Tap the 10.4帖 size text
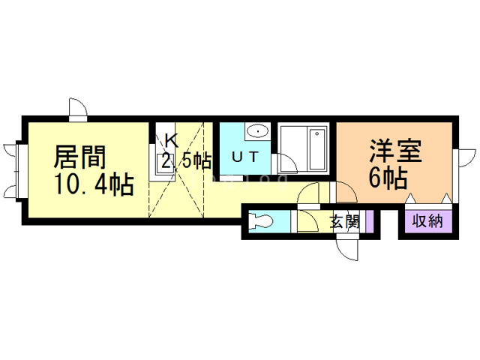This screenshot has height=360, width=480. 93,182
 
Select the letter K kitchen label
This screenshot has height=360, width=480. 171,139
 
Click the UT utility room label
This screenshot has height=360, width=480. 244,157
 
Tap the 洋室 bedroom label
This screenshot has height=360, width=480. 395,151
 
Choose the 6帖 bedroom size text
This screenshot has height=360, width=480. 388,178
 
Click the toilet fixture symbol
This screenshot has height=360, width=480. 262,222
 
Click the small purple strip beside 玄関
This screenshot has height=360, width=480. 370,222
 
